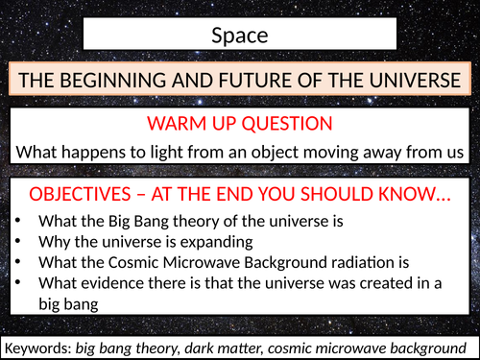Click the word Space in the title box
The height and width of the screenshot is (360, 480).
[239, 36]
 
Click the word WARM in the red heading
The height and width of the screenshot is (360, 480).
[178, 124]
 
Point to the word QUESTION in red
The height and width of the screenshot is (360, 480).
[288, 124]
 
